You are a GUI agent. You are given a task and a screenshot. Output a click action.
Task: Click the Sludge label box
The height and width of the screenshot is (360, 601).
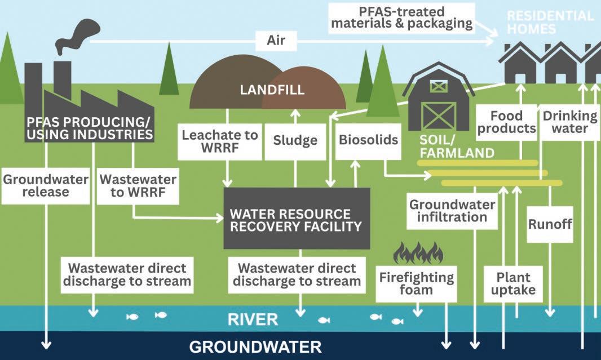295,141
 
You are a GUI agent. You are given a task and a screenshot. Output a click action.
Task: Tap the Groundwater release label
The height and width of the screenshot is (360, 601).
46,186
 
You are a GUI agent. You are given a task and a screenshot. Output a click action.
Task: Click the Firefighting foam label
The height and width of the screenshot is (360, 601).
416,284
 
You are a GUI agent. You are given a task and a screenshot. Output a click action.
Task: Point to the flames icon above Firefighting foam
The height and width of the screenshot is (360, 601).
417,253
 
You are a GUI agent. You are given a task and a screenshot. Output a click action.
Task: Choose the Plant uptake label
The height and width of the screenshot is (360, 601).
513,284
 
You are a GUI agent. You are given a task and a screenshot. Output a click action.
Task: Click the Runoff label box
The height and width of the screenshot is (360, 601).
550,224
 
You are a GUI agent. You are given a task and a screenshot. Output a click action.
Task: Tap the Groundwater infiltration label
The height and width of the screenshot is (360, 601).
452,211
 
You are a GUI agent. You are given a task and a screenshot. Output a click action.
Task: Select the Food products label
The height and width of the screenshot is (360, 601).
506,122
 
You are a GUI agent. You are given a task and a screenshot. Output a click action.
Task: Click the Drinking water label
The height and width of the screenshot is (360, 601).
569,122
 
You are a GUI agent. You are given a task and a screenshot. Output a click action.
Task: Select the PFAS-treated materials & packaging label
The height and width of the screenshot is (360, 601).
401,18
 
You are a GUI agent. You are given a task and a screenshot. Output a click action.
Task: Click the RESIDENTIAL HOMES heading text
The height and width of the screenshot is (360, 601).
550,23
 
